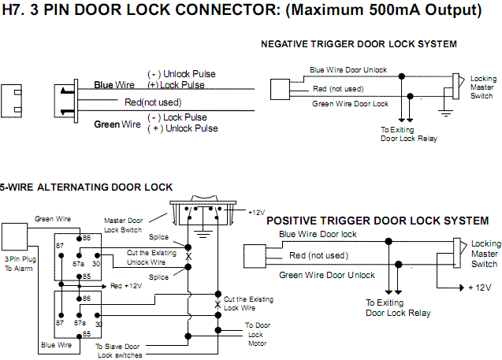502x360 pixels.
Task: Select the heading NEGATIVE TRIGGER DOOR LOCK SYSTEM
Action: click(x=359, y=44)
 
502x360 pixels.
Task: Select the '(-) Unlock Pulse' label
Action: click(x=181, y=74)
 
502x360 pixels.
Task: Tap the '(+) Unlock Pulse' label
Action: click(x=182, y=128)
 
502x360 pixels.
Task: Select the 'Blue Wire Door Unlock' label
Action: click(x=348, y=69)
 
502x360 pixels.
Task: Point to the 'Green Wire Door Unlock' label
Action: click(x=327, y=275)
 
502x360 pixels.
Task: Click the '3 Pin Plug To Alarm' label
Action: click(x=18, y=263)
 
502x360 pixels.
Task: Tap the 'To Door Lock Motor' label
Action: click(x=256, y=333)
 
